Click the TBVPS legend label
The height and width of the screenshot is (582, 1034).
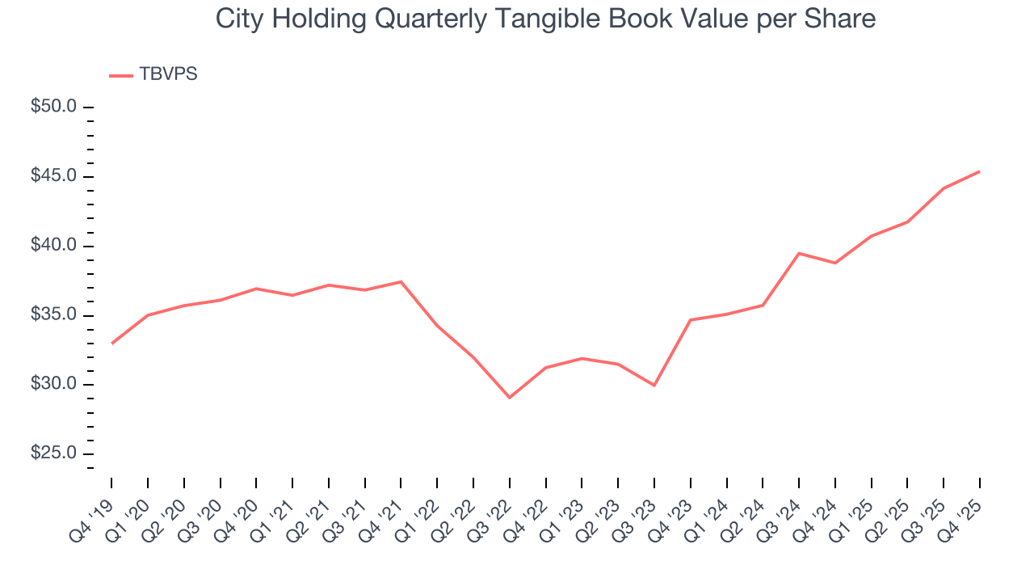(168, 74)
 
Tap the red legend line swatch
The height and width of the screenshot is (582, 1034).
(121, 75)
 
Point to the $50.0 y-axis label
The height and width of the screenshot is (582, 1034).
(55, 107)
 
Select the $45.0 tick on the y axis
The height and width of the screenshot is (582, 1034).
(55, 176)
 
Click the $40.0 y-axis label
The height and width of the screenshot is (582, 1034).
(55, 246)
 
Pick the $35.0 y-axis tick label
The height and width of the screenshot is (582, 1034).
(55, 315)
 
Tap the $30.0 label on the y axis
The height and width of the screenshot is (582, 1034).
(55, 385)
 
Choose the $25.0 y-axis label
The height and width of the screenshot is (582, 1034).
(55, 454)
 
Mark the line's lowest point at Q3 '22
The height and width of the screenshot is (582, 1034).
(510, 398)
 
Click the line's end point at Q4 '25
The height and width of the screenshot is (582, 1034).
(980, 171)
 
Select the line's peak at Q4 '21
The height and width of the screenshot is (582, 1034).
(401, 281)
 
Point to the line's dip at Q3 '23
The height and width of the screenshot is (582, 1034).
(654, 386)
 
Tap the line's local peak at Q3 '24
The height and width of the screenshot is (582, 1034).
(799, 253)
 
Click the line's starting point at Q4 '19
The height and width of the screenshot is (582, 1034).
(111, 344)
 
